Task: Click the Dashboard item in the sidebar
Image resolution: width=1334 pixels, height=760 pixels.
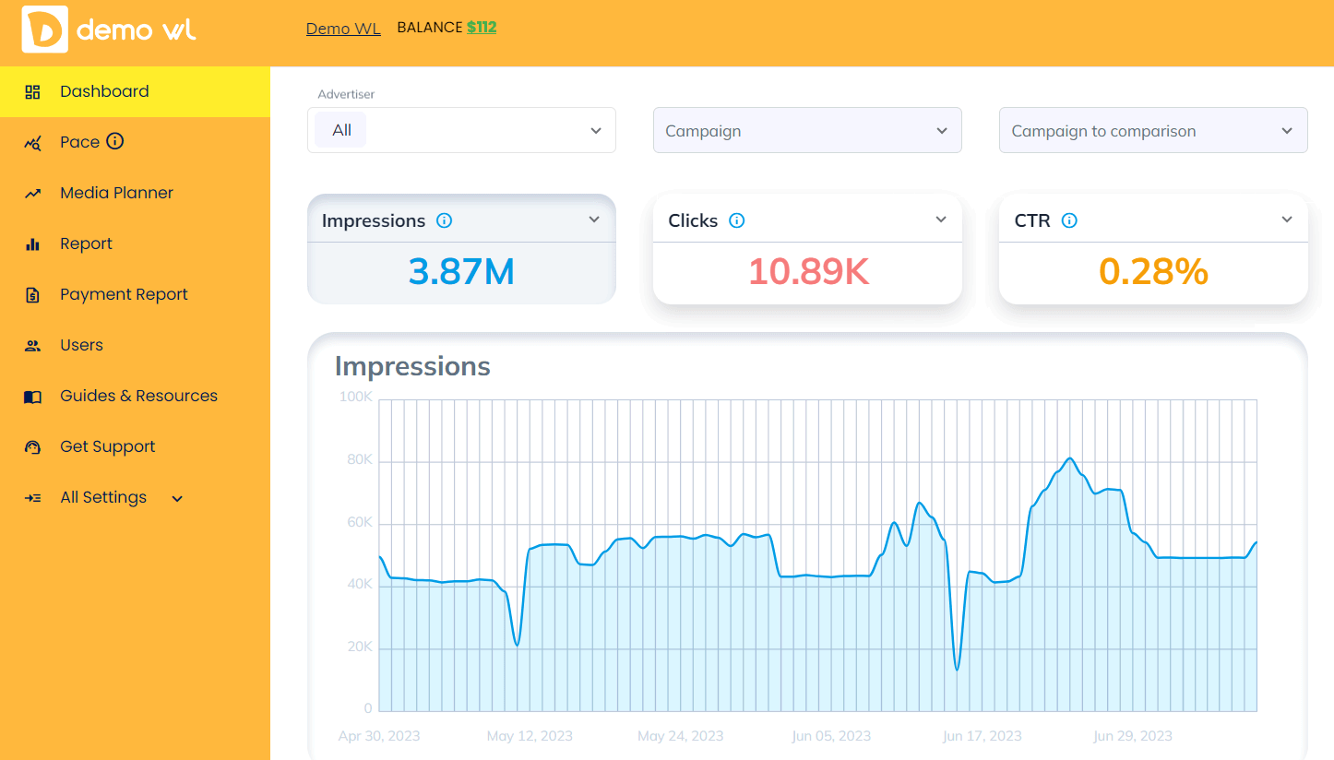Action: (104, 91)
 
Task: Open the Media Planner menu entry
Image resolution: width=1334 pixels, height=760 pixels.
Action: (116, 193)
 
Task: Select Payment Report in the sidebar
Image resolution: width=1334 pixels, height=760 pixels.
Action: (124, 294)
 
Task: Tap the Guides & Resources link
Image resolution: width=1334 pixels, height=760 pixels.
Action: (138, 396)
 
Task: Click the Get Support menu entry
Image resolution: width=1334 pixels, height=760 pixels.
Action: (107, 446)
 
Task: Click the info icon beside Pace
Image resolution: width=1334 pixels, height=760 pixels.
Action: (115, 141)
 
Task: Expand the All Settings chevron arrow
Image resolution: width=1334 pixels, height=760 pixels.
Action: (177, 499)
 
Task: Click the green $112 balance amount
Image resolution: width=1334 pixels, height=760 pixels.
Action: (482, 28)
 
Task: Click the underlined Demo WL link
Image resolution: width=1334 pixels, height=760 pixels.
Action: (343, 29)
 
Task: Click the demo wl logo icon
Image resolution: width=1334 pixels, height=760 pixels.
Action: (44, 30)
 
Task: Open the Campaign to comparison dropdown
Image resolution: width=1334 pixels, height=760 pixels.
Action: (1152, 131)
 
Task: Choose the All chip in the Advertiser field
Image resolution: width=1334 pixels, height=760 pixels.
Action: (341, 131)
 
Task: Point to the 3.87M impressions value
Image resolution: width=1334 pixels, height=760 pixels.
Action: (461, 272)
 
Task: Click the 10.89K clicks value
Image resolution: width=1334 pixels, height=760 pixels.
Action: (808, 272)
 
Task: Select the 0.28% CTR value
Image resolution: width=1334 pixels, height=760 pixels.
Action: (1153, 272)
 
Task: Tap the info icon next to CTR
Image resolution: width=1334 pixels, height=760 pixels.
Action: (1069, 220)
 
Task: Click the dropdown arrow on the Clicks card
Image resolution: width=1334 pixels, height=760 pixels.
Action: (941, 220)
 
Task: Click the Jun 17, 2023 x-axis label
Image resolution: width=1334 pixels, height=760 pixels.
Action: (982, 736)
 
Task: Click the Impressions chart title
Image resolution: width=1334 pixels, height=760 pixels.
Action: (412, 366)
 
